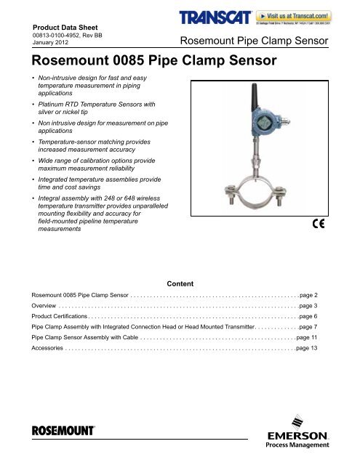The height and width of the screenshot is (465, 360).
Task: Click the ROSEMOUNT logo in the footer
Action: [63, 430]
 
